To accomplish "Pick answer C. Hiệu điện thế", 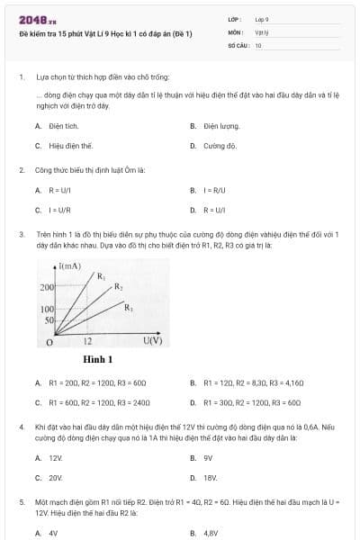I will pos(66,145).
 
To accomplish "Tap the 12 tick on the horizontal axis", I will pos(87,342).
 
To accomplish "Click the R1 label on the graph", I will pos(101,276).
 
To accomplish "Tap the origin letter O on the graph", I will pos(50,342).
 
